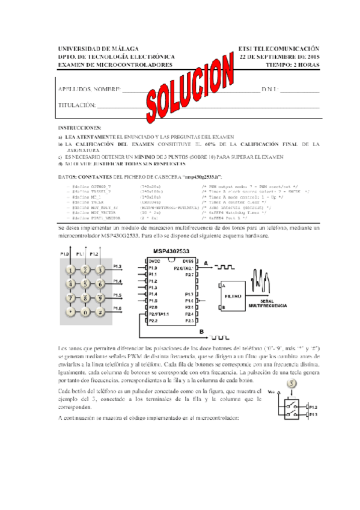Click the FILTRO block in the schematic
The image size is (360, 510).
click(233, 296)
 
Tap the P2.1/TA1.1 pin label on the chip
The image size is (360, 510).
click(159, 314)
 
